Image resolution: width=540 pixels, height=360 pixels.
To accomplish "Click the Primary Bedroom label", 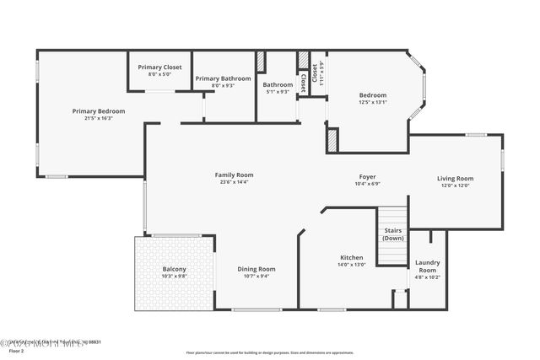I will [x=98, y=111].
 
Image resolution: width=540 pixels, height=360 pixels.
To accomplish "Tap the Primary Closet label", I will [x=159, y=67].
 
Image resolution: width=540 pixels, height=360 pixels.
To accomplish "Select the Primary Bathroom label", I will [x=223, y=78].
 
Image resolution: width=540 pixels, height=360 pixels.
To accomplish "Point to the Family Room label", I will [x=234, y=175].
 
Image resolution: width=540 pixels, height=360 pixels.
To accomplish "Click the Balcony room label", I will [x=174, y=269].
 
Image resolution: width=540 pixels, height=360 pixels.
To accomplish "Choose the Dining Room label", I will [x=256, y=269].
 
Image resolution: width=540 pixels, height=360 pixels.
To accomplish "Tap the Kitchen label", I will [x=351, y=257].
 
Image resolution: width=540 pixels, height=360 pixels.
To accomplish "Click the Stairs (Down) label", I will [x=392, y=234].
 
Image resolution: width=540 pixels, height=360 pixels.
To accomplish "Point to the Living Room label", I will [x=455, y=178].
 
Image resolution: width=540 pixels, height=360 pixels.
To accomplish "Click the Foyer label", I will [x=368, y=176].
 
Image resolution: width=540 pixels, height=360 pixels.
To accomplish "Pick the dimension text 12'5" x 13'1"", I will [x=372, y=102].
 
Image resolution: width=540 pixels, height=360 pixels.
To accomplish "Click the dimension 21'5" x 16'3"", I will [x=98, y=118].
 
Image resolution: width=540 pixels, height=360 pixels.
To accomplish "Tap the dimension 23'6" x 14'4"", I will [x=234, y=181].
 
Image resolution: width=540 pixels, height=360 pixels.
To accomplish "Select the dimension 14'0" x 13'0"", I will [x=351, y=265].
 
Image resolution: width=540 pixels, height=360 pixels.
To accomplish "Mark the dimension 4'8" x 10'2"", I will [x=427, y=277].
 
